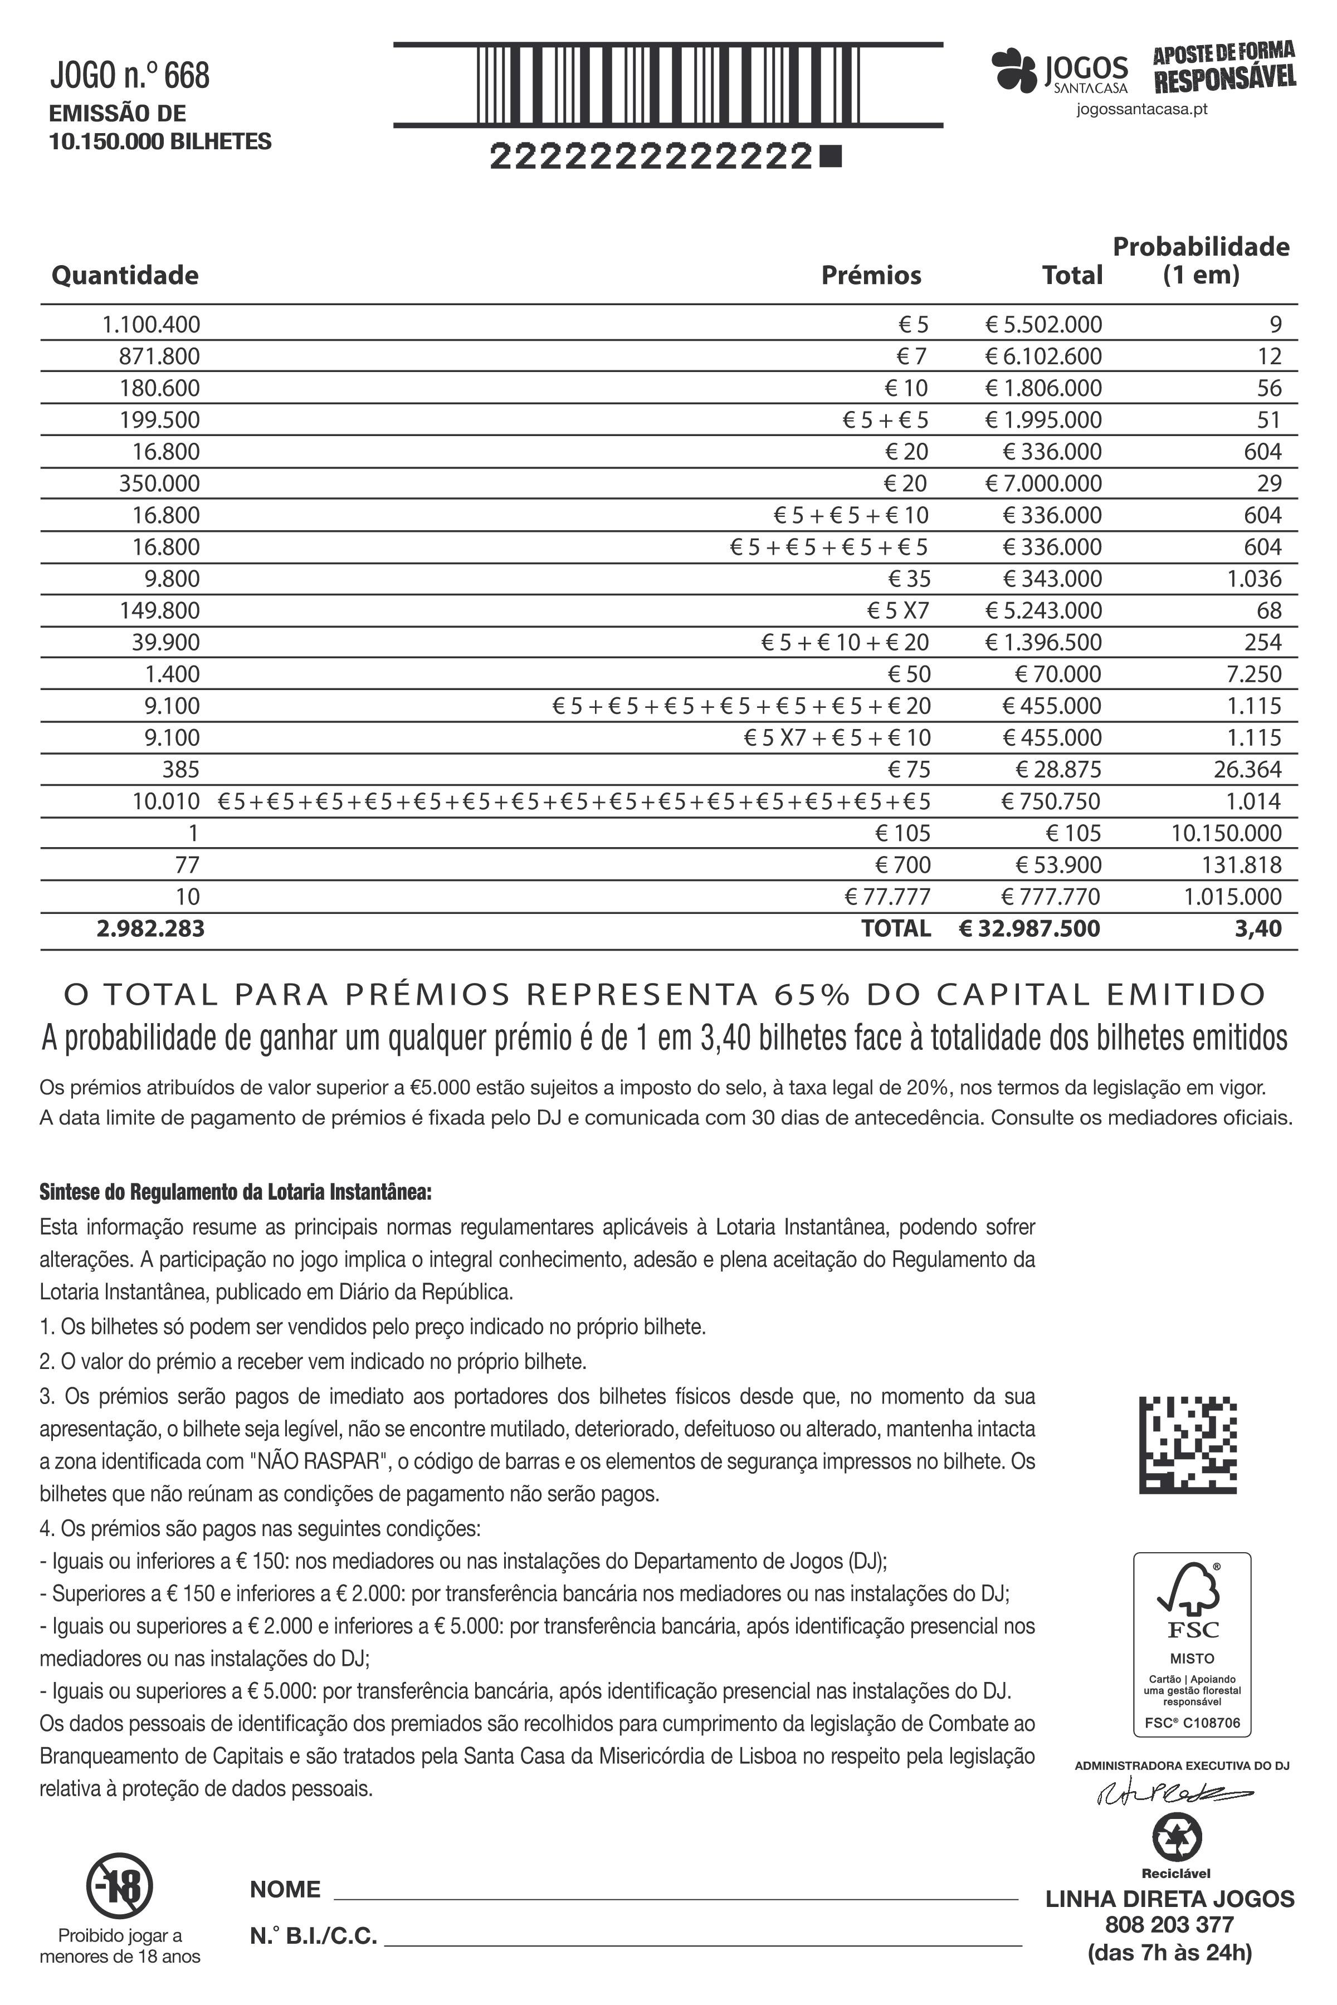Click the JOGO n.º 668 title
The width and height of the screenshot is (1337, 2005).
(130, 76)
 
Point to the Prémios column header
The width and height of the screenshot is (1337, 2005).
(871, 275)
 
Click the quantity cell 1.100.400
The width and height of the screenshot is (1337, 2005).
(151, 325)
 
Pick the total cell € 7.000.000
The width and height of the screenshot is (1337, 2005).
(1043, 483)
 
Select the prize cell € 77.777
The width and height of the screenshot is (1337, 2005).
(887, 897)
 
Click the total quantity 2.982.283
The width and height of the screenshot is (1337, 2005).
(151, 928)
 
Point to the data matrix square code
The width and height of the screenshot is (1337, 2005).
(1188, 1444)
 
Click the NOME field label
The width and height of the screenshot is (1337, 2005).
(285, 1889)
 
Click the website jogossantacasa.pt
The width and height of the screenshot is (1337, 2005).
(1141, 110)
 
